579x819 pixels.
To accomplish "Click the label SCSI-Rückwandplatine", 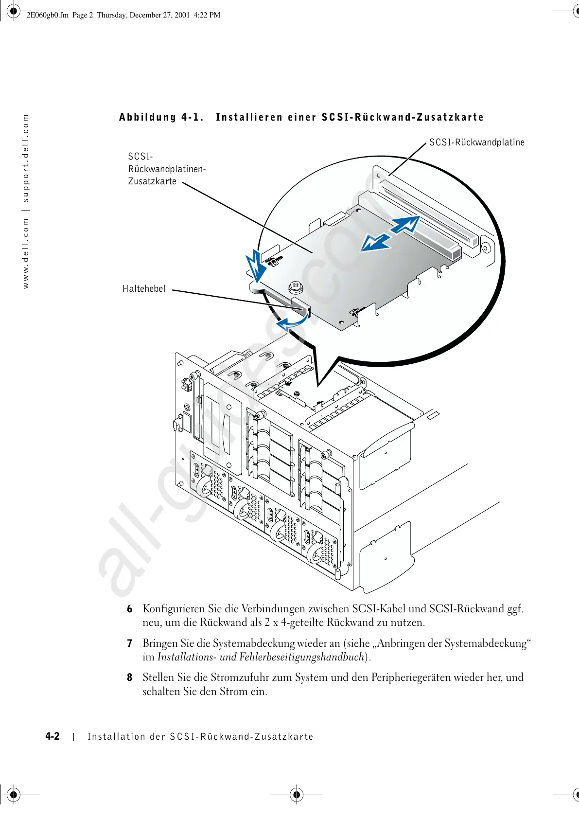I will point(476,142).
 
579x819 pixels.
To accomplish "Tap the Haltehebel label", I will point(144,289).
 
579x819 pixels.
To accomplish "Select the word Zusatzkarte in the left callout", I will point(152,181).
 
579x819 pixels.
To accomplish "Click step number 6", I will point(130,609).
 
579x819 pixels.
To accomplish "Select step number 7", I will point(130,643).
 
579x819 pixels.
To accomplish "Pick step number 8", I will point(130,677).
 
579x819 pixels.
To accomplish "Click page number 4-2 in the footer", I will point(53,736).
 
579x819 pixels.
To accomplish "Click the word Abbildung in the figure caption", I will point(148,117).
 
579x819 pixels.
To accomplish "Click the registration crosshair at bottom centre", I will point(297,795).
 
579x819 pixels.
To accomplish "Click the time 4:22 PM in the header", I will point(207,15).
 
